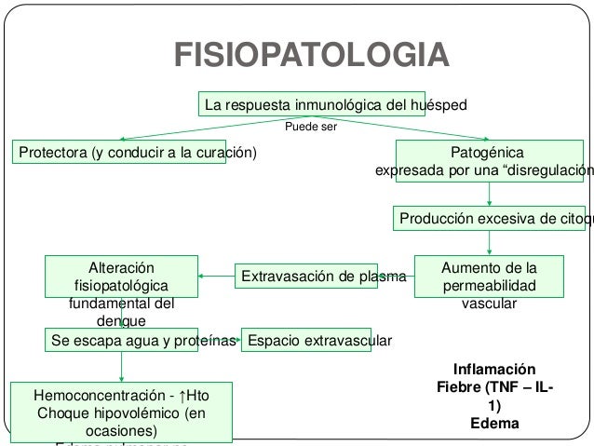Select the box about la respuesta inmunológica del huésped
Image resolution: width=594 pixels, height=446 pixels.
[x=334, y=102]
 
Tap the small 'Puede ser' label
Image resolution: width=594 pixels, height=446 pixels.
[x=311, y=127]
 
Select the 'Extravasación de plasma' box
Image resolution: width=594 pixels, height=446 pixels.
[x=323, y=277]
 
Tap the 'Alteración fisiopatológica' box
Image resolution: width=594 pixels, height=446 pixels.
[x=122, y=276]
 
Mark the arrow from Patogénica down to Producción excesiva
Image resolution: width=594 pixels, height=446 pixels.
[x=490, y=193]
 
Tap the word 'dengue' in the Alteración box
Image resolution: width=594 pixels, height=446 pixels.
[x=121, y=320]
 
